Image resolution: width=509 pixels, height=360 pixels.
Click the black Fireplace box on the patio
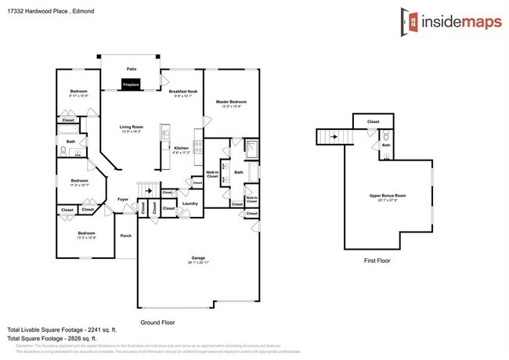coord(131,85)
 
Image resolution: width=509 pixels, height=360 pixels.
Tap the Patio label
coord(132,69)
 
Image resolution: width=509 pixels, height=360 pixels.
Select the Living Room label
coord(131,127)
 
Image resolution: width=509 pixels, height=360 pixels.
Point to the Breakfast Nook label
coord(182,92)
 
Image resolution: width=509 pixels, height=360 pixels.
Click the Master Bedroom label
coord(232,102)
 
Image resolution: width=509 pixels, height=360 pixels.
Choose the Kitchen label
coord(181,148)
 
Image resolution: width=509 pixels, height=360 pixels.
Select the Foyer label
coord(123,199)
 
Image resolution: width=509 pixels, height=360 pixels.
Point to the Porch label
coord(125,236)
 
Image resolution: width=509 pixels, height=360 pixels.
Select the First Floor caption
coord(377,261)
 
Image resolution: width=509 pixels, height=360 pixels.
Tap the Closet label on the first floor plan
coord(374,122)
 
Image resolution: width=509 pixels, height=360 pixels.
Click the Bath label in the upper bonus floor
coord(384,144)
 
